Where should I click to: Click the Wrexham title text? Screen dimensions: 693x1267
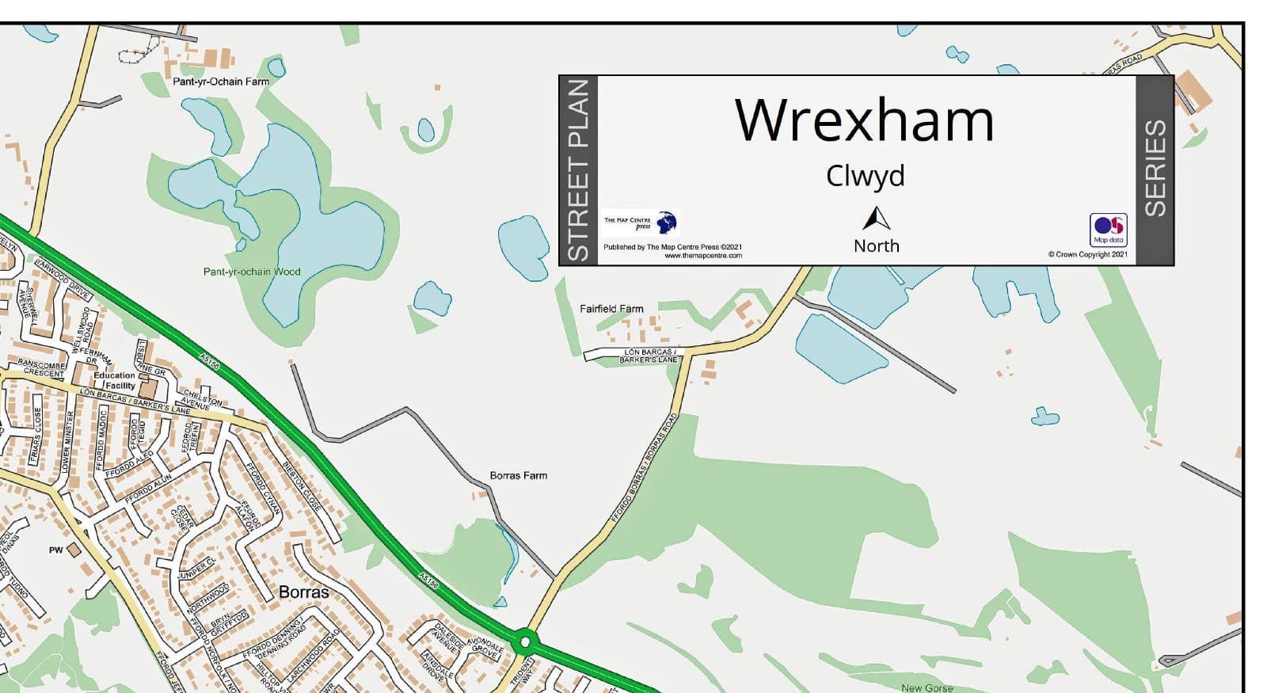pyautogui.click(x=864, y=120)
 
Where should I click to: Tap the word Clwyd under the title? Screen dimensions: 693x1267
pyautogui.click(x=865, y=176)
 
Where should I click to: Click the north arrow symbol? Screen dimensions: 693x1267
pyautogui.click(x=876, y=219)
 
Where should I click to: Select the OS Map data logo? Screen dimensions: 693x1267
pyautogui.click(x=1108, y=230)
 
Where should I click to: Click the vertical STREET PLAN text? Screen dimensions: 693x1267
pyautogui.click(x=579, y=170)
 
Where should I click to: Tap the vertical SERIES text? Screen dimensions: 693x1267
pyautogui.click(x=1155, y=168)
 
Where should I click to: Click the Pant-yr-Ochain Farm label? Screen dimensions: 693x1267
pyautogui.click(x=221, y=82)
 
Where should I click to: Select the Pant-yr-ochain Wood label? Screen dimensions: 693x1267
pyautogui.click(x=252, y=272)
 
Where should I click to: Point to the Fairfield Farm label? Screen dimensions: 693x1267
pyautogui.click(x=611, y=309)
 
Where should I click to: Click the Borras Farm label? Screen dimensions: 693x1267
pyautogui.click(x=518, y=475)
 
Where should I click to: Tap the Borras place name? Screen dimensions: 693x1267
pyautogui.click(x=303, y=592)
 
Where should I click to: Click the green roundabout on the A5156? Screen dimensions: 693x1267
pyautogui.click(x=524, y=641)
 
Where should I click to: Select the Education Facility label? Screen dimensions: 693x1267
pyautogui.click(x=116, y=380)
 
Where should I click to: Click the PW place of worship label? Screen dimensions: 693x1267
pyautogui.click(x=55, y=550)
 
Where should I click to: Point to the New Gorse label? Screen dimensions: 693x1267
pyautogui.click(x=926, y=687)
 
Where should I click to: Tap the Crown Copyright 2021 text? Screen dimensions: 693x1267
pyautogui.click(x=1087, y=254)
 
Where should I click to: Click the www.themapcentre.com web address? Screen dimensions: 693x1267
pyautogui.click(x=702, y=256)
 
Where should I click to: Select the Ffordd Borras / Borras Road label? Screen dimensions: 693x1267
pyautogui.click(x=645, y=467)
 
